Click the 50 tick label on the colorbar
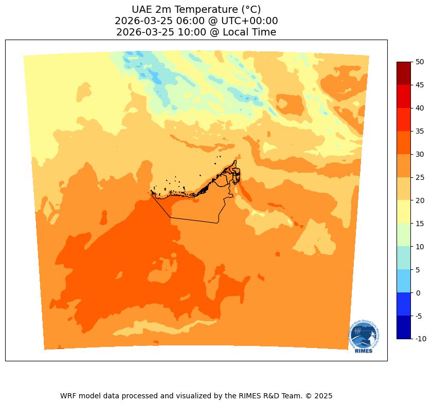pos(420,62)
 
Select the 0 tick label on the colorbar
pos(418,292)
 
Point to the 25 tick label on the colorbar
pos(420,177)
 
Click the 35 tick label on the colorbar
pos(420,131)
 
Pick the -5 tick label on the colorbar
pos(420,316)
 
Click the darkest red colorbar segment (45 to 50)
pos(404,73)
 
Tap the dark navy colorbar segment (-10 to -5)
pos(404,327)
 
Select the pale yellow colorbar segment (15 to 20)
pos(404,212)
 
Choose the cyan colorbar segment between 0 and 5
pos(404,281)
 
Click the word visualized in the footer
pos(184,396)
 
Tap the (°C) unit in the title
pos(251,9)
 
